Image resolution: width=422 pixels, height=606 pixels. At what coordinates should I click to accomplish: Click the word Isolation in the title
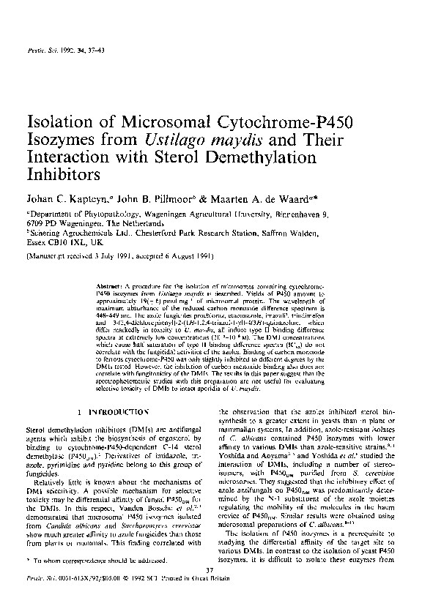coord(61,121)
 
